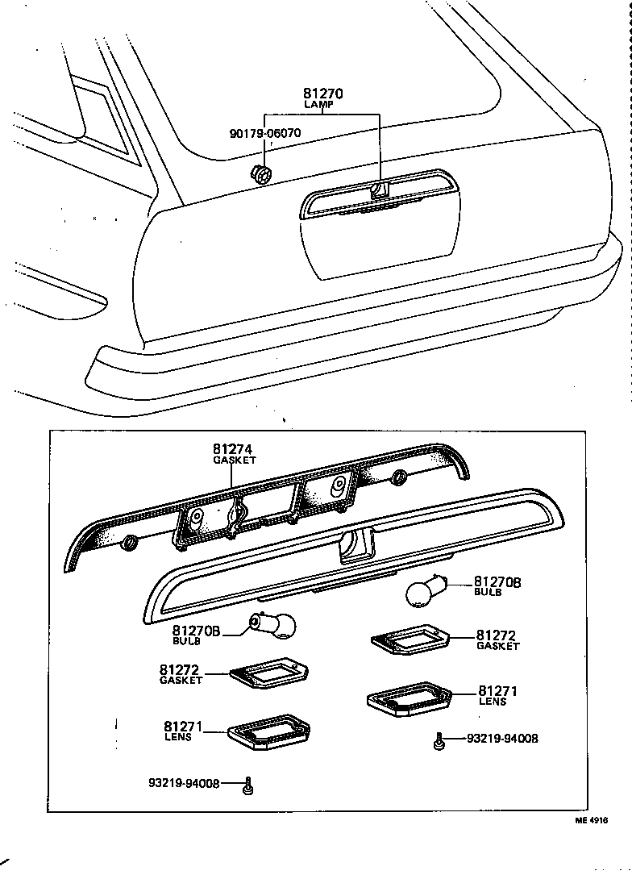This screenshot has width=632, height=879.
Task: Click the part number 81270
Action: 322,94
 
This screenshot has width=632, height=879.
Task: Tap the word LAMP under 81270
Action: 322,106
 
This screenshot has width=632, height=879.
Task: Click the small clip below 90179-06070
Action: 261,173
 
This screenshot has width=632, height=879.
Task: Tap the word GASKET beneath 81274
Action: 234,460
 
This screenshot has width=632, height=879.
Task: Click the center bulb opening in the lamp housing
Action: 353,546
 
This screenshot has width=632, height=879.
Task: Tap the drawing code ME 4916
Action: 591,820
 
